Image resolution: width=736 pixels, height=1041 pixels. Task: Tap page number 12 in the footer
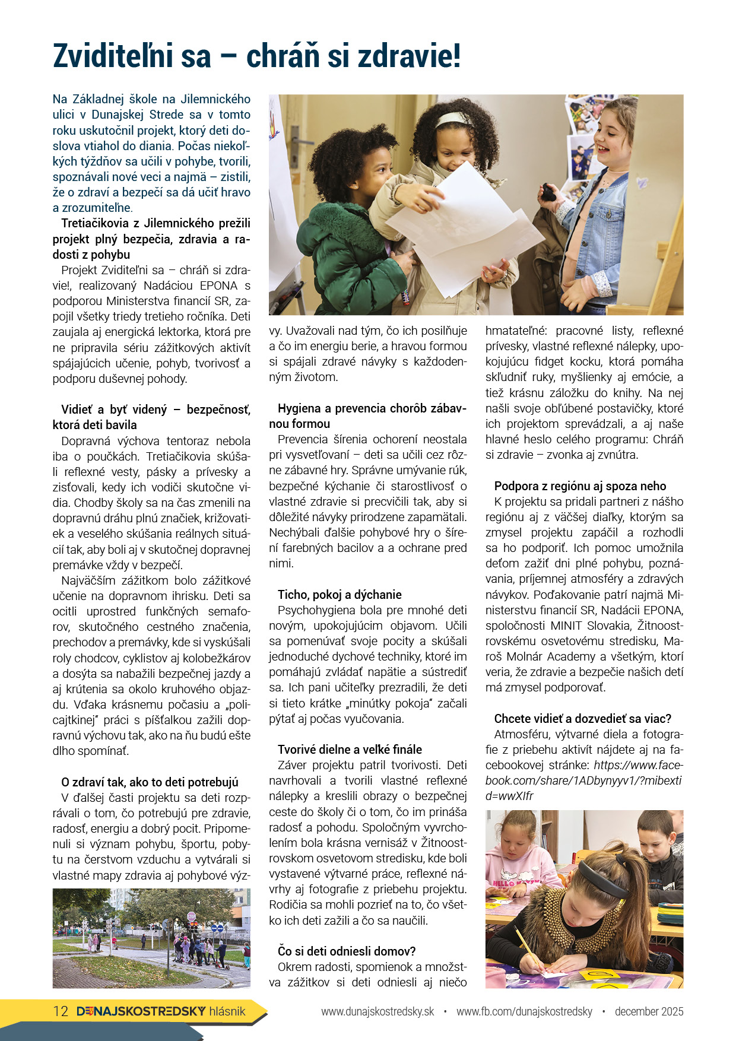click(61, 1011)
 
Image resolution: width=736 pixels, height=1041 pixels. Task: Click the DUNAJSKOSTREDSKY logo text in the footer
click(141, 1011)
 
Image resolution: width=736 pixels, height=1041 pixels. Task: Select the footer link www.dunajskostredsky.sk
click(377, 1012)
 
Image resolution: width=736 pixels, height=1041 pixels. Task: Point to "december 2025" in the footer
click(649, 1012)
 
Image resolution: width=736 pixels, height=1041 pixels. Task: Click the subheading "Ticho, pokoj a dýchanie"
click(340, 595)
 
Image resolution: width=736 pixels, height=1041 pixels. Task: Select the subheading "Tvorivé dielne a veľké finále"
click(350, 750)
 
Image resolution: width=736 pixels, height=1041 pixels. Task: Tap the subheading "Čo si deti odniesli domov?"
click(346, 951)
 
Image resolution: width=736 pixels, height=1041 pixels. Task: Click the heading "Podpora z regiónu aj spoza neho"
click(580, 486)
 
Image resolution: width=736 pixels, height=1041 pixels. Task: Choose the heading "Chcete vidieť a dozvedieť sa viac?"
click(582, 719)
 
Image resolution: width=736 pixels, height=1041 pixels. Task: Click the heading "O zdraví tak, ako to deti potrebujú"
click(150, 782)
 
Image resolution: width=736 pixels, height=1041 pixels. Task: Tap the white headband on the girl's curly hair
click(455, 119)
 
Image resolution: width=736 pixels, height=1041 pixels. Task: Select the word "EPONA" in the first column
click(218, 286)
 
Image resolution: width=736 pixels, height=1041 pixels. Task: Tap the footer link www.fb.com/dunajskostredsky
click(524, 1012)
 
